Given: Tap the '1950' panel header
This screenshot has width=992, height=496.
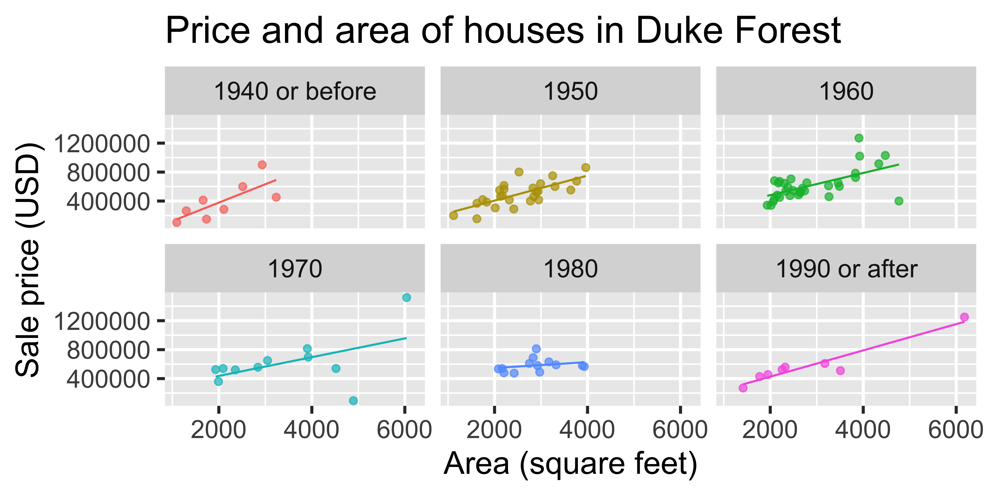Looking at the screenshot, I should click(x=570, y=92).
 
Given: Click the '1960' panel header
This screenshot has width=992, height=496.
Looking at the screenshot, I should click(x=846, y=92).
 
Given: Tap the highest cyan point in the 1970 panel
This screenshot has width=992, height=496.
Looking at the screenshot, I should click(x=406, y=297).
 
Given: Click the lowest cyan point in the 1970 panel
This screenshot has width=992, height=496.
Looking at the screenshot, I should click(x=353, y=400).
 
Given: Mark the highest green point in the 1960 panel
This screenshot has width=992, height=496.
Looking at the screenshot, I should click(x=859, y=138).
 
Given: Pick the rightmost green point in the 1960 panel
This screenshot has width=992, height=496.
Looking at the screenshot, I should click(x=899, y=201).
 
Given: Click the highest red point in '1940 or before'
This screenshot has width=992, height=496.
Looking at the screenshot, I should click(x=262, y=165).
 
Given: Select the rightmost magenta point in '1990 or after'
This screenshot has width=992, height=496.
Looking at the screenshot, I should click(x=964, y=317).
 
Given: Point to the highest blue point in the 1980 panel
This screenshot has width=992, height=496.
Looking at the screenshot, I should click(x=536, y=348).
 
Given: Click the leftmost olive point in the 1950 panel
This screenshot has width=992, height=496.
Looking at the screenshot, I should click(x=454, y=215).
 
